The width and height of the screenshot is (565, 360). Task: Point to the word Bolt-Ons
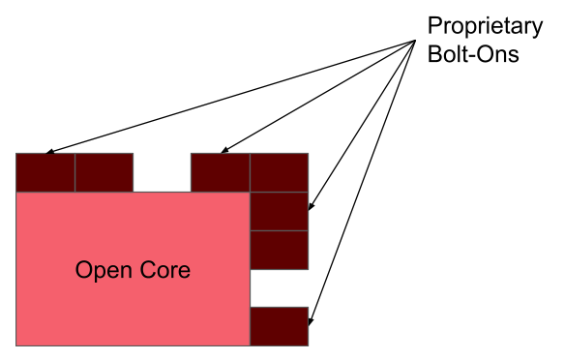(473, 53)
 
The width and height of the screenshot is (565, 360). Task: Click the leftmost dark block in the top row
(45, 172)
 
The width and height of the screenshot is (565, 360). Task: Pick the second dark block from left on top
(104, 172)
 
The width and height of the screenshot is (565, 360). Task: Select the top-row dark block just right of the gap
(220, 172)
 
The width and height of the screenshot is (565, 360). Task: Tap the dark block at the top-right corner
(279, 172)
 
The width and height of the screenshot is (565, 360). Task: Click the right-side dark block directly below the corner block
(279, 211)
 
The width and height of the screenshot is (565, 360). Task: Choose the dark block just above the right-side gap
(279, 250)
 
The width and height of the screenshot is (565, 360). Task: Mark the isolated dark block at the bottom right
(279, 326)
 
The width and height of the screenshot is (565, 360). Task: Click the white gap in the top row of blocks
(162, 172)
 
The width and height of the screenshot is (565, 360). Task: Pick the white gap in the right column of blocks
(279, 287)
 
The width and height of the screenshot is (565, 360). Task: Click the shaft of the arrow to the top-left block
(232, 96)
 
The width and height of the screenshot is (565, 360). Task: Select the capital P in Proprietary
(433, 26)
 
